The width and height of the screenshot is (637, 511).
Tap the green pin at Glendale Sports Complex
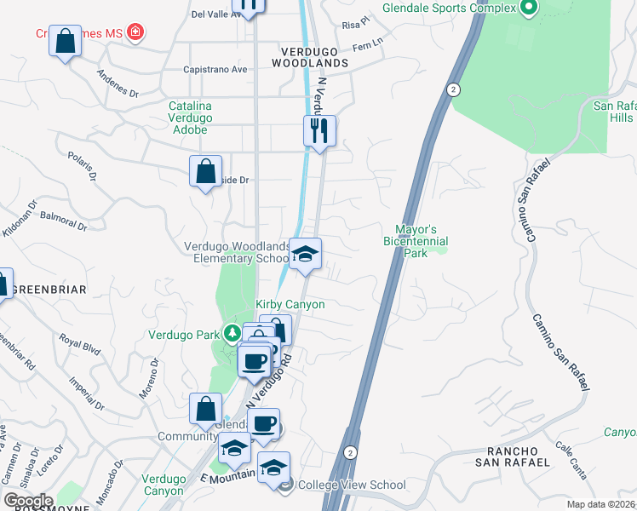[x=528, y=9]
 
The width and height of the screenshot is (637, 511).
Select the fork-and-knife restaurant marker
[x=319, y=131]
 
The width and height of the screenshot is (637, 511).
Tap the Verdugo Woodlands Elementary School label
[x=237, y=252]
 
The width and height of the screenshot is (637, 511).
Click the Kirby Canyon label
[x=290, y=304]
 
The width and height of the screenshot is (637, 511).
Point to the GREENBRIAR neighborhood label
[x=49, y=290]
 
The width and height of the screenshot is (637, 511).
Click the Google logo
[x=27, y=501]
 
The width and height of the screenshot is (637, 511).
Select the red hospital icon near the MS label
[x=134, y=33]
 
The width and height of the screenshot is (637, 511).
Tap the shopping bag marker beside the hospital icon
[x=65, y=41]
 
